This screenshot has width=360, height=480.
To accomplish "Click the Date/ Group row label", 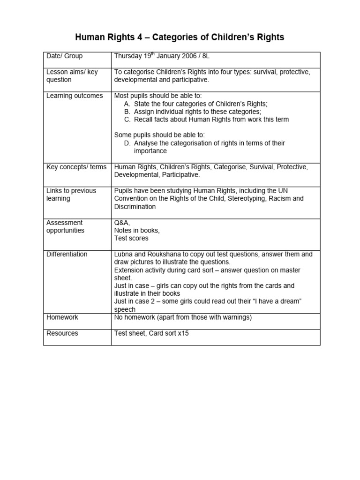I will click(64, 56).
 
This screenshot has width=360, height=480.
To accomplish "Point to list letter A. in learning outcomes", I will click(127, 104).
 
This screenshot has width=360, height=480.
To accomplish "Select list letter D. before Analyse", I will click(127, 143).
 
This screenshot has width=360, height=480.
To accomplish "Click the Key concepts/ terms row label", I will click(76, 167).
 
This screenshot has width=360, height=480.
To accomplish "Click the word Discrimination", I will click(135, 206).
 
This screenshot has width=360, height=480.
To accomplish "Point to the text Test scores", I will click(131, 238).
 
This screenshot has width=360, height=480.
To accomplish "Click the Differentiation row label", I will click(67, 254).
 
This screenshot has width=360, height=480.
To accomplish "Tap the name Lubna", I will click(124, 254).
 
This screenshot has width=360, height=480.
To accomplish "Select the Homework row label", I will click(62, 317).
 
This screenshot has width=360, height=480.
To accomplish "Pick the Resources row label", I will click(62, 333).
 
